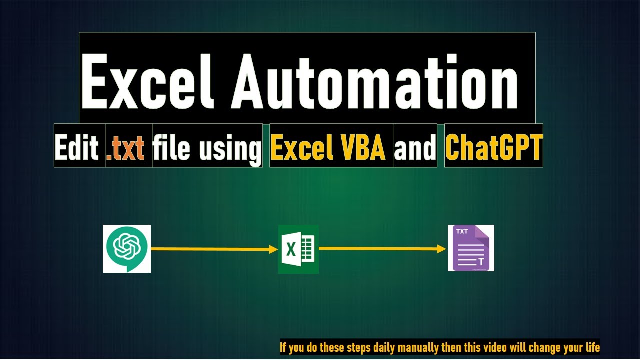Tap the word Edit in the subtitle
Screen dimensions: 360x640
77,147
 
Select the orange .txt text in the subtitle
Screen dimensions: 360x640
126,148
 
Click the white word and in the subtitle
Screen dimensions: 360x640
415,148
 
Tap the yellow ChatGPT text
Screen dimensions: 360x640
493,147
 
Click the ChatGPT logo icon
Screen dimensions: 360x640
127,248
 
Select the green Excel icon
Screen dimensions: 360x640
298,248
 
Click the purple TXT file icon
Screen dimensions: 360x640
471,248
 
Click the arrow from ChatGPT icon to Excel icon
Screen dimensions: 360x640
214,248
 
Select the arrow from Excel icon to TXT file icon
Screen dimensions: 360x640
382,248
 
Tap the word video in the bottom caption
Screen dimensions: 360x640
492,347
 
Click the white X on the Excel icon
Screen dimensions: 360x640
290,248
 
